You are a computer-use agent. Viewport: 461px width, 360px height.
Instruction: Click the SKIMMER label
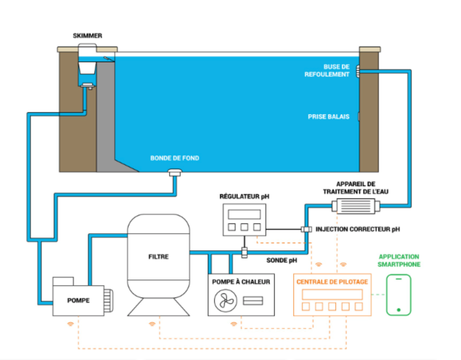pos(87,36)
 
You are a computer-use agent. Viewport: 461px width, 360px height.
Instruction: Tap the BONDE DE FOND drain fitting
pos(174,172)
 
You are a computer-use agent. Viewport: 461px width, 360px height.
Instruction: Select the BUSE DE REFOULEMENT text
pos(327,70)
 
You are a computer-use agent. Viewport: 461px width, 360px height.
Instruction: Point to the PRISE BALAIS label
pos(328,117)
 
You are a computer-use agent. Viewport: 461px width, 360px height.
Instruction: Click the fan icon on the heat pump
pos(225,300)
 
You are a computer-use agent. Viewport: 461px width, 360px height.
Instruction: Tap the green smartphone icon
pos(398,294)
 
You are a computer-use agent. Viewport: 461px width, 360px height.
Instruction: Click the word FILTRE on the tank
pos(158,257)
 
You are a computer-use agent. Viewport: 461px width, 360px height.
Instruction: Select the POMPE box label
pos(78,300)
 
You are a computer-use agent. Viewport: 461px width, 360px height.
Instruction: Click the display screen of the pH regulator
pos(244,214)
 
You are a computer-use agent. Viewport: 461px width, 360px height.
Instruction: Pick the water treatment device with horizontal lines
pos(355,206)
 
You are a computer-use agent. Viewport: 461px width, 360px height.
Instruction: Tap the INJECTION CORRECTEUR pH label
pos(357,229)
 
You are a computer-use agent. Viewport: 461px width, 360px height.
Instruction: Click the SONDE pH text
pos(281,260)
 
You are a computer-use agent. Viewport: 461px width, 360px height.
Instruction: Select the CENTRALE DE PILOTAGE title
pos(332,282)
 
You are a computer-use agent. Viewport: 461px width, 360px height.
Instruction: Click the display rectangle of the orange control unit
pos(332,294)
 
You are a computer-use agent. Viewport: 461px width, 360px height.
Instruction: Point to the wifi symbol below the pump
pos(70,324)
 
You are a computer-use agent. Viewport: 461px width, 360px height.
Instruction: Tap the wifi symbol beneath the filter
pos(152,324)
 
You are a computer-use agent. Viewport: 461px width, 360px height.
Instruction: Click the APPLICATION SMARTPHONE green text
pos(399,260)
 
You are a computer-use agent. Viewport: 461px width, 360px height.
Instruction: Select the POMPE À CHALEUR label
pos(241,282)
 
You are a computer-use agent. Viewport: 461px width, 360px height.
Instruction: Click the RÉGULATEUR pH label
pos(244,196)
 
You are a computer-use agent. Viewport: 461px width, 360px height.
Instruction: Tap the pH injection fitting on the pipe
pos(306,229)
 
